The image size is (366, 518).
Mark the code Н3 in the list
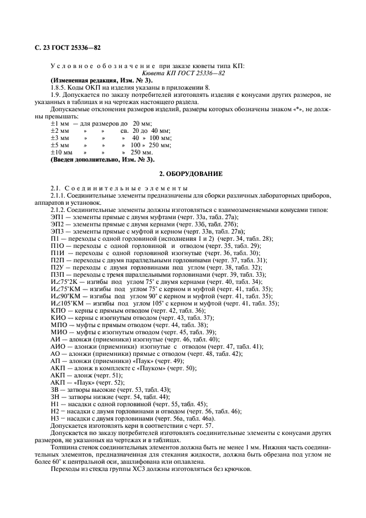click(55, 418)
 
